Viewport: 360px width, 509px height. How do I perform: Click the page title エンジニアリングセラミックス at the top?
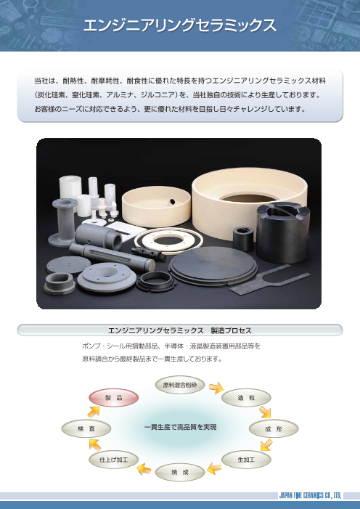click(179, 25)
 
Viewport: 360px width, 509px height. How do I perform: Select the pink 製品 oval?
click(112, 397)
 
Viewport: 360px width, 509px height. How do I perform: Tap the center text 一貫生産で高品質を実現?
click(179, 427)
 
